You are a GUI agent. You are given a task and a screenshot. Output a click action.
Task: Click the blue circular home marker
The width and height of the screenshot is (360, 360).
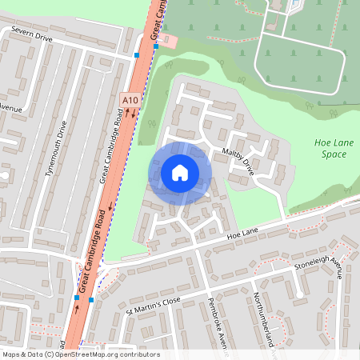[x=180, y=173]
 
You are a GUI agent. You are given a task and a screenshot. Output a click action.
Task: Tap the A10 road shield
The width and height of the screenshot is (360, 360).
[x=130, y=98]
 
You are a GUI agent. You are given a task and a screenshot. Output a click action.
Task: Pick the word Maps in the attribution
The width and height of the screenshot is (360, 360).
[x=11, y=354]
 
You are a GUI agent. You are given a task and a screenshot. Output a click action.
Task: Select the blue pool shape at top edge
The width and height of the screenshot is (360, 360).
[x=294, y=4]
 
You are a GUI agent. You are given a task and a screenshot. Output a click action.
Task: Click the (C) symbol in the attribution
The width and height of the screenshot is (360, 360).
[x=50, y=354]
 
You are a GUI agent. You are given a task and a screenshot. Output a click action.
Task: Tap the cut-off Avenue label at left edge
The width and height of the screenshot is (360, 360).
[x=9, y=106]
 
